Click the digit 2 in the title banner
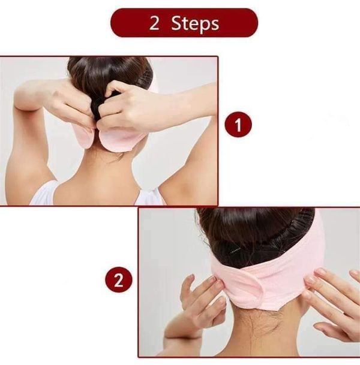click(154, 24)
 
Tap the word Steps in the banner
click(195, 24)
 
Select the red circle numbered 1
click(238, 125)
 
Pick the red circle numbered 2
click(118, 280)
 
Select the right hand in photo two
click(333, 300)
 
